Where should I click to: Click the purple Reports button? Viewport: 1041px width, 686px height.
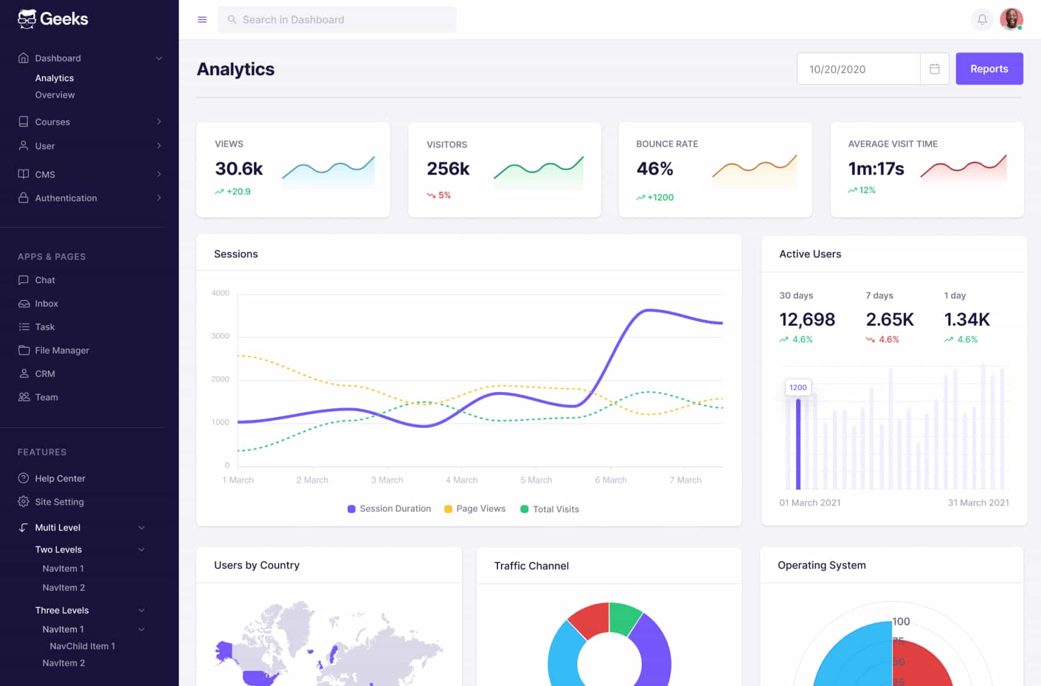point(989,69)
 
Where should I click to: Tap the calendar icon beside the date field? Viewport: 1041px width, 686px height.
point(935,69)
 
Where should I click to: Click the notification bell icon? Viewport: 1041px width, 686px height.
point(982,20)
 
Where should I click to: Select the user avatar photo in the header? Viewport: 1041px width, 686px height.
point(1011,20)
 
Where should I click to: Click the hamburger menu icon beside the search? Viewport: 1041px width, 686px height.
point(202,20)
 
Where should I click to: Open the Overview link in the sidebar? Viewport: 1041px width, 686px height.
point(54,95)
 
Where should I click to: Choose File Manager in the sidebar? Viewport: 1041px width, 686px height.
point(62,350)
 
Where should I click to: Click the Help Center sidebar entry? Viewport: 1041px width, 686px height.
point(60,478)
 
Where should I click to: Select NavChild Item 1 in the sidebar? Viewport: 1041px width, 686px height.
point(82,646)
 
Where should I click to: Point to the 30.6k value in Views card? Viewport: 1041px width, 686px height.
point(239,169)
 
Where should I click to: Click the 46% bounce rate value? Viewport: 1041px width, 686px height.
point(655,169)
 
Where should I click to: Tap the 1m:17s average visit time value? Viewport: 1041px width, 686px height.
point(876,169)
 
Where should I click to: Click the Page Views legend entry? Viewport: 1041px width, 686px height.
point(480,509)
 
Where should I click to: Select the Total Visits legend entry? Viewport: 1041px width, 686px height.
point(555,509)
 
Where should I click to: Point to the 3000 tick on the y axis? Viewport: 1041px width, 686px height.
point(220,336)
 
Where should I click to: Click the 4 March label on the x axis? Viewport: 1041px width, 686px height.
point(461,480)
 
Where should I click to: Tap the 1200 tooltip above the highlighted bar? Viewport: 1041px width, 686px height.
point(798,387)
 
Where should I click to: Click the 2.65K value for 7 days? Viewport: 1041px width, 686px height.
point(890,319)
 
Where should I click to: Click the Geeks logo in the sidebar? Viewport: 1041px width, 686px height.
point(53,19)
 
